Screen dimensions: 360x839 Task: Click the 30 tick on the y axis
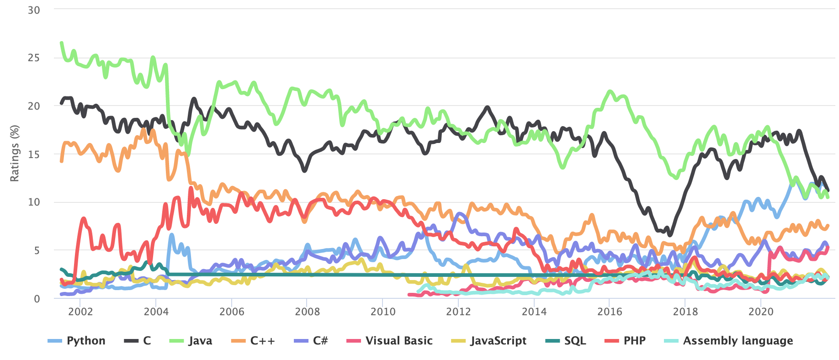(x=34, y=10)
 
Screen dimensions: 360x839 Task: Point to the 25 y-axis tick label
(x=34, y=58)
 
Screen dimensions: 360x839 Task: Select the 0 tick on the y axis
(x=37, y=299)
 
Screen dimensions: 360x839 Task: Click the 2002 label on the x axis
(x=80, y=312)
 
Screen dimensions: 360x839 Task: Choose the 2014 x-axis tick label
(x=534, y=312)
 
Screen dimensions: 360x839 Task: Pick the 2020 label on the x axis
(x=761, y=312)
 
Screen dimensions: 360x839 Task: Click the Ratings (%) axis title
(x=15, y=154)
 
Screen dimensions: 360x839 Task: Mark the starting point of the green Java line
(x=61, y=42)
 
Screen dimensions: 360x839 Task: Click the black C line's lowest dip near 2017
(x=670, y=235)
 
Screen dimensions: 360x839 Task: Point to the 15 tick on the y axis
(x=34, y=154)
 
